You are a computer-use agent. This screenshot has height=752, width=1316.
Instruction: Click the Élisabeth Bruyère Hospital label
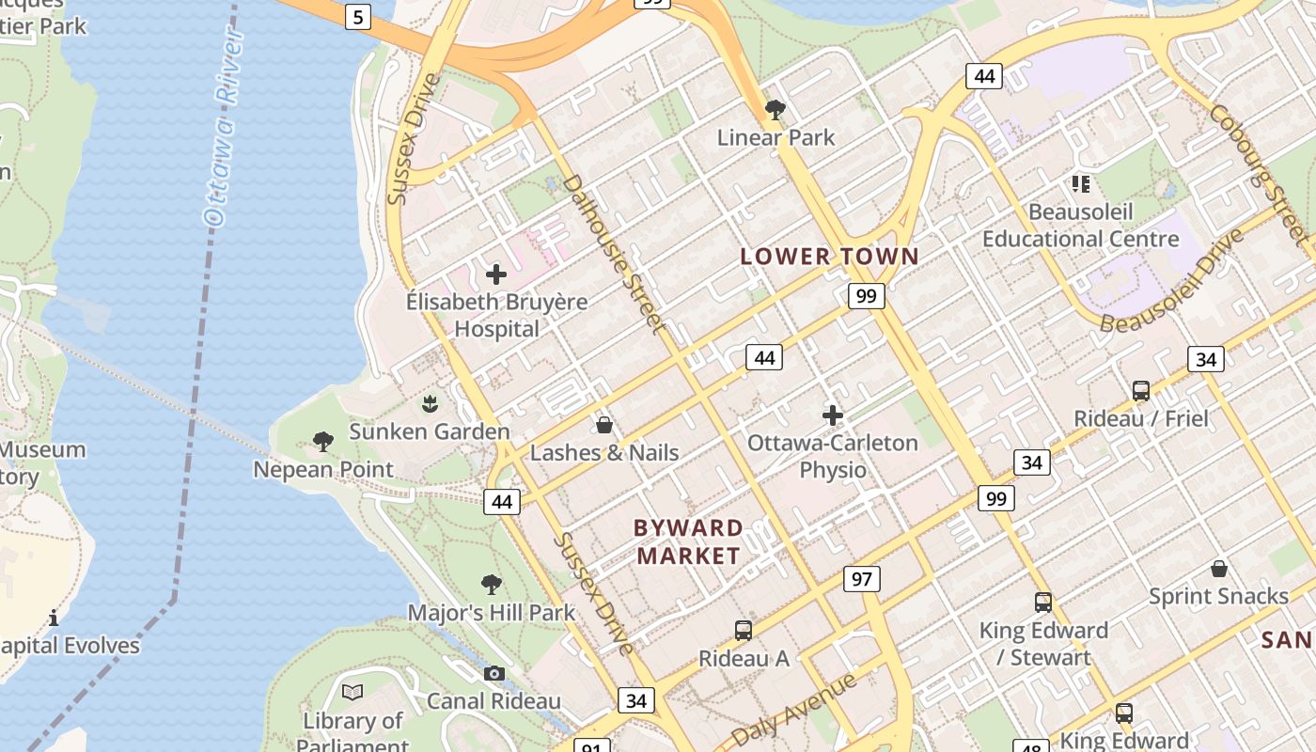496,315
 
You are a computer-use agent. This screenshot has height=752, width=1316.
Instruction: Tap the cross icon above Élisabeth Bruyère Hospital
496,274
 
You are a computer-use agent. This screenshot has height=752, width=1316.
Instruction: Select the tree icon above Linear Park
775,110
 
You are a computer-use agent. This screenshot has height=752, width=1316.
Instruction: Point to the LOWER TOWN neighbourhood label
829,256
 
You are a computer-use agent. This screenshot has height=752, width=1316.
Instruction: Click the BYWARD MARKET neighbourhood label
689,541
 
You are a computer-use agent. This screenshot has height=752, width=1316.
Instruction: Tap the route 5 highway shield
357,16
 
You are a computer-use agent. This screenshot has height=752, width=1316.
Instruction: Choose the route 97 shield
861,579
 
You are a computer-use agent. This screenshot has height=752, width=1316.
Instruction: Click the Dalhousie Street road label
617,254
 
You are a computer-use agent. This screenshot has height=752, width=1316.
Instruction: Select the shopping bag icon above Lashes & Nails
604,425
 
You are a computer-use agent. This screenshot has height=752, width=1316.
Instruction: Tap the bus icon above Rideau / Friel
1141,390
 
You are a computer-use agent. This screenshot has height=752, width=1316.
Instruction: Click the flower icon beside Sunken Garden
430,404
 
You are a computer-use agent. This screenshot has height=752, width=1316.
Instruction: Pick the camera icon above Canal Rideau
493,673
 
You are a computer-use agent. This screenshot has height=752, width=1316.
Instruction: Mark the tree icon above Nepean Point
323,440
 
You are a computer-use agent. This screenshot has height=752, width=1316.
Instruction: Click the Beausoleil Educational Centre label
1080,226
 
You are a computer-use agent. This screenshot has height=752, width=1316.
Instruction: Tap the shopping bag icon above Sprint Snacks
1219,569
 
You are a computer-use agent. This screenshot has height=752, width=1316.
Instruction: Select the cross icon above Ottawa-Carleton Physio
833,415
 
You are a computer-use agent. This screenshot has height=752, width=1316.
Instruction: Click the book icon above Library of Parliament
352,693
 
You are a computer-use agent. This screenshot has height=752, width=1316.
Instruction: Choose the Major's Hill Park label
491,613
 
